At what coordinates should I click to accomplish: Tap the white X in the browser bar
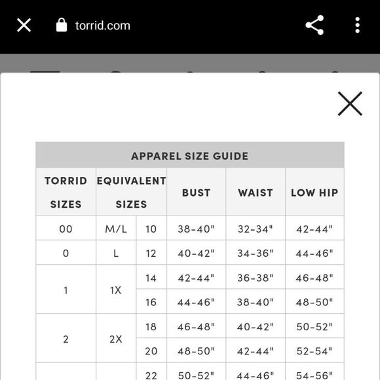point(24,26)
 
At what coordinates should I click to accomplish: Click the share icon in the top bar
point(314,26)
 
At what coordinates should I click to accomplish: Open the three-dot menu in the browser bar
point(357,26)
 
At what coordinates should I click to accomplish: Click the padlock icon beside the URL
point(62,26)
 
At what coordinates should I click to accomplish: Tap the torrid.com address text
point(102,26)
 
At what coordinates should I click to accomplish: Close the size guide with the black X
point(350,104)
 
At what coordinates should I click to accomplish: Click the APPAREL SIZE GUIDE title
point(189,156)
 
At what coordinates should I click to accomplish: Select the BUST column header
point(196,193)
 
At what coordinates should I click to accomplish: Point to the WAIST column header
point(255,193)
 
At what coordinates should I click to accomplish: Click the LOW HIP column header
point(314,193)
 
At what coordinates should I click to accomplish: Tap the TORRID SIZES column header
point(66,192)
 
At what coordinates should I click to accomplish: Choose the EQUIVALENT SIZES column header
point(131,192)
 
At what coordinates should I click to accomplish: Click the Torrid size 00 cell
point(66,229)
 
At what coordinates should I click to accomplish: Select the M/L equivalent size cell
point(116,229)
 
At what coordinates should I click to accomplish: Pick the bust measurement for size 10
point(196,229)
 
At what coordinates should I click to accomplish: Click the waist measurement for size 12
point(255,254)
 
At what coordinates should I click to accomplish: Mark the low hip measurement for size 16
point(314,302)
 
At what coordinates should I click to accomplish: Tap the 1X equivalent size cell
point(116,290)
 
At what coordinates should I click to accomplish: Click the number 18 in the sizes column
point(151,326)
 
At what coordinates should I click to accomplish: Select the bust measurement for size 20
point(196,351)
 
